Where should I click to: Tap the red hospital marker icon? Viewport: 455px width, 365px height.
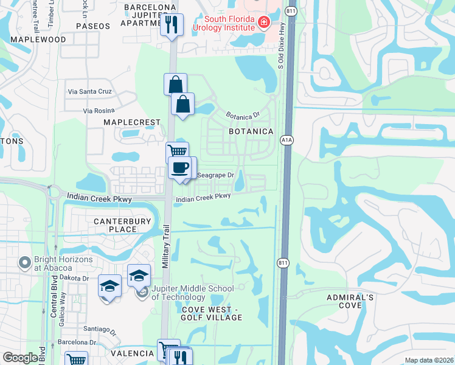(x=263, y=23)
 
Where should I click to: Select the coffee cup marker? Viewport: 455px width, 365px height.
(x=180, y=167)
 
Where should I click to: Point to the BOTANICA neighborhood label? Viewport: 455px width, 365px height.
(x=251, y=131)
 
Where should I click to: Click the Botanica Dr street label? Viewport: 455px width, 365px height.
(x=243, y=114)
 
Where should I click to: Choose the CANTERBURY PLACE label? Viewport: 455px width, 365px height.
(x=122, y=225)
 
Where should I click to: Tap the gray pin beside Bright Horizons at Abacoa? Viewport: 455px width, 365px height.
(x=25, y=263)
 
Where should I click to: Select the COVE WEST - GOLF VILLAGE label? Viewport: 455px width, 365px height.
(x=212, y=313)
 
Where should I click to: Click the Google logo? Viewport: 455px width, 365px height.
(x=20, y=358)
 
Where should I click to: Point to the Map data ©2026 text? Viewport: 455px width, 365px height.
(x=429, y=360)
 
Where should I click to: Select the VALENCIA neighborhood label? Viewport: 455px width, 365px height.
(x=132, y=353)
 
